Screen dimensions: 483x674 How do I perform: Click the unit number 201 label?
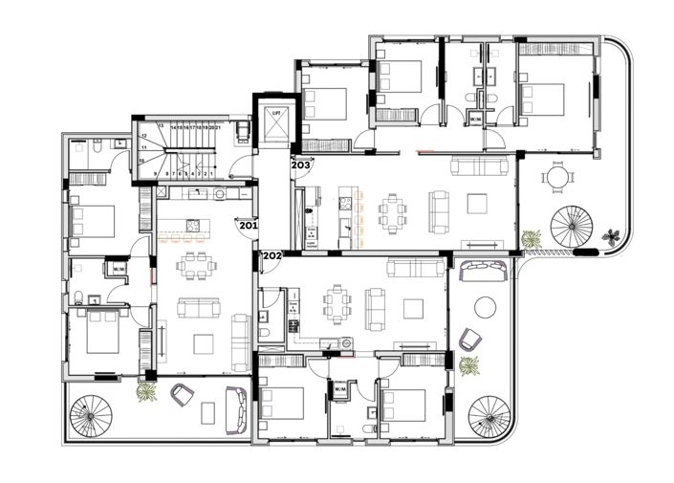(x=248, y=226)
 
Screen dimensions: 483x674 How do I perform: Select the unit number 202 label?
(x=272, y=255)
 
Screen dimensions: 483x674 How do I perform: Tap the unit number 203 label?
(x=300, y=165)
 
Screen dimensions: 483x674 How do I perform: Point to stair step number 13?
(x=161, y=125)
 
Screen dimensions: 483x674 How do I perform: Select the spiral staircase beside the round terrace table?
(x=574, y=229)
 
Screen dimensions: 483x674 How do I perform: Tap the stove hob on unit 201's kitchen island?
(x=188, y=227)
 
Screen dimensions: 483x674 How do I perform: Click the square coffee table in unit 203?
(x=476, y=203)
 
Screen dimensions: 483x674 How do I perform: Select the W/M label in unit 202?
(x=339, y=390)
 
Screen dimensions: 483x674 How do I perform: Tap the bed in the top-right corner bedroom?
(x=542, y=97)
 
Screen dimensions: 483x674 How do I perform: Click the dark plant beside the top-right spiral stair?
(x=613, y=233)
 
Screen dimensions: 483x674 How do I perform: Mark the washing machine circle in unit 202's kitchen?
(x=331, y=345)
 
